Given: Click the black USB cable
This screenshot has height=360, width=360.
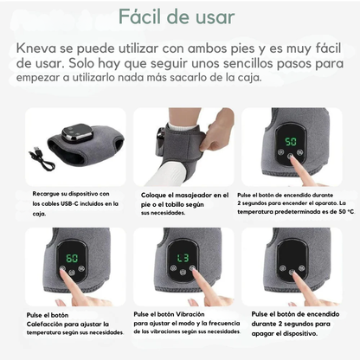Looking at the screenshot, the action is click(x=42, y=158).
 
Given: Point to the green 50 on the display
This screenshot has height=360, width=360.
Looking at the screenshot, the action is click(x=291, y=142).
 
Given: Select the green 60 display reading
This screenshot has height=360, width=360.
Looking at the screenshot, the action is click(x=72, y=258).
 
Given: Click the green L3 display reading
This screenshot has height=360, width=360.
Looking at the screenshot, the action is click(x=183, y=258).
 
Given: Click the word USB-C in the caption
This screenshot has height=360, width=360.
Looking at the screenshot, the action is click(x=69, y=203).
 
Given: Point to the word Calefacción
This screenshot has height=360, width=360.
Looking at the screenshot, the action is click(x=44, y=324).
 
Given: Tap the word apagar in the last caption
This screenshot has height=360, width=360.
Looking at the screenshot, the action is click(x=262, y=334).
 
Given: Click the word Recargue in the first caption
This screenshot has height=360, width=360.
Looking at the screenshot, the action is click(x=44, y=194).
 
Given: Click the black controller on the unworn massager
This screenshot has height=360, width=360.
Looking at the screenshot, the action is click(x=77, y=132).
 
